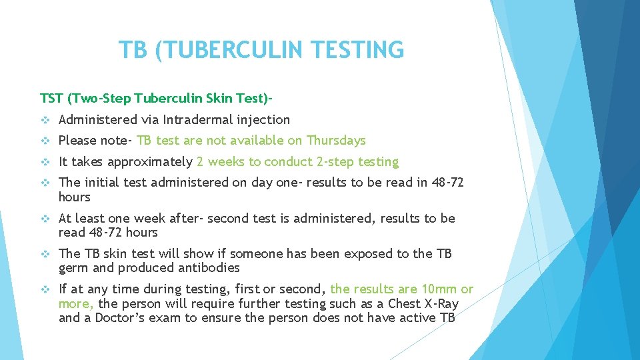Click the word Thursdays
coord(336,141)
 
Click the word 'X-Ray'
coord(440,303)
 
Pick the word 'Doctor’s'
coord(121,318)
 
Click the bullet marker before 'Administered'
coord(45,120)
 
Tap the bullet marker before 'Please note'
coord(45,141)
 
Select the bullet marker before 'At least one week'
coord(45,219)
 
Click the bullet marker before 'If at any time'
coord(45,289)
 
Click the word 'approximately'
coord(150,162)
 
